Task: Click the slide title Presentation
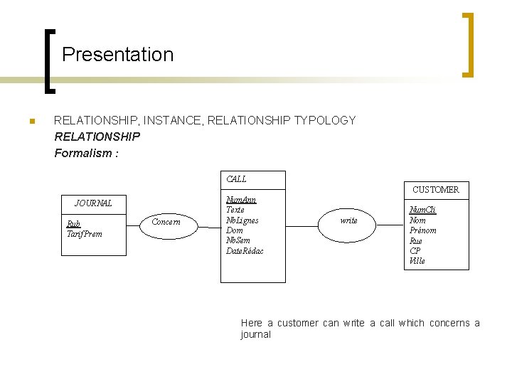117,55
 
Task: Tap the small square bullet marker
31,122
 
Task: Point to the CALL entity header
237,179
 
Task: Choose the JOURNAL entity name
93,203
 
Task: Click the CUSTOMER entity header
435,190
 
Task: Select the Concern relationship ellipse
166,222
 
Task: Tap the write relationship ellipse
348,220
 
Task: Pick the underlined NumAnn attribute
241,200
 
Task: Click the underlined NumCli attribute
422,210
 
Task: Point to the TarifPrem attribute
84,234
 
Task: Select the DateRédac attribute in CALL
245,251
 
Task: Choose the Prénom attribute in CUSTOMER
423,230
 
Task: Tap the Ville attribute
417,261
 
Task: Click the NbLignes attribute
242,220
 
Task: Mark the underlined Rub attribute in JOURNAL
73,223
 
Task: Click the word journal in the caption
255,334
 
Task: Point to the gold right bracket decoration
468,44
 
